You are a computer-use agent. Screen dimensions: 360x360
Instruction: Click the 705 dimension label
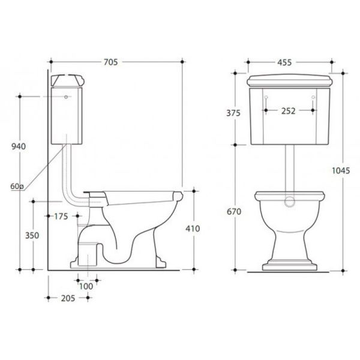click(110, 62)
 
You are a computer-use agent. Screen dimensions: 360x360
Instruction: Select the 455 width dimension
click(284, 62)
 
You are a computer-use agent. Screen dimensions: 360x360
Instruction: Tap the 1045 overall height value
click(341, 170)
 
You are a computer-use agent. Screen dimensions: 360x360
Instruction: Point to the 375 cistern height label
click(233, 113)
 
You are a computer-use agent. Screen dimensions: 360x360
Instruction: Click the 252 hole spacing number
click(289, 111)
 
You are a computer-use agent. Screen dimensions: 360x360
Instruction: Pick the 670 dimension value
click(234, 211)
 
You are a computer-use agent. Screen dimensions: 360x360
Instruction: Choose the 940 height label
click(19, 146)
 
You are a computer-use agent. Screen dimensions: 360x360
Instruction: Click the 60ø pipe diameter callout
click(17, 187)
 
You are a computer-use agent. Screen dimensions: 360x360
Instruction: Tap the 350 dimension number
click(32, 235)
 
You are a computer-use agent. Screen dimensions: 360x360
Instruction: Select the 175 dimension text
click(61, 216)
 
